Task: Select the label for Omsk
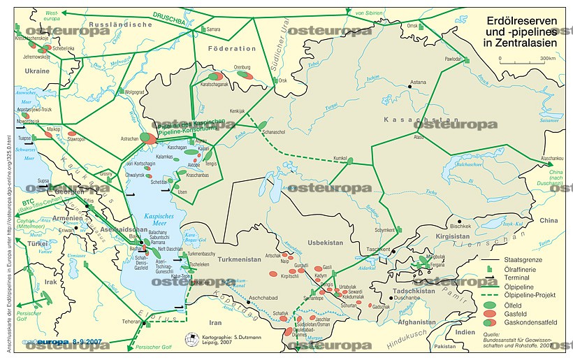pos(412,26)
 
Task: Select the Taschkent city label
pos(379,250)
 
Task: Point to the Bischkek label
pos(461,226)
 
